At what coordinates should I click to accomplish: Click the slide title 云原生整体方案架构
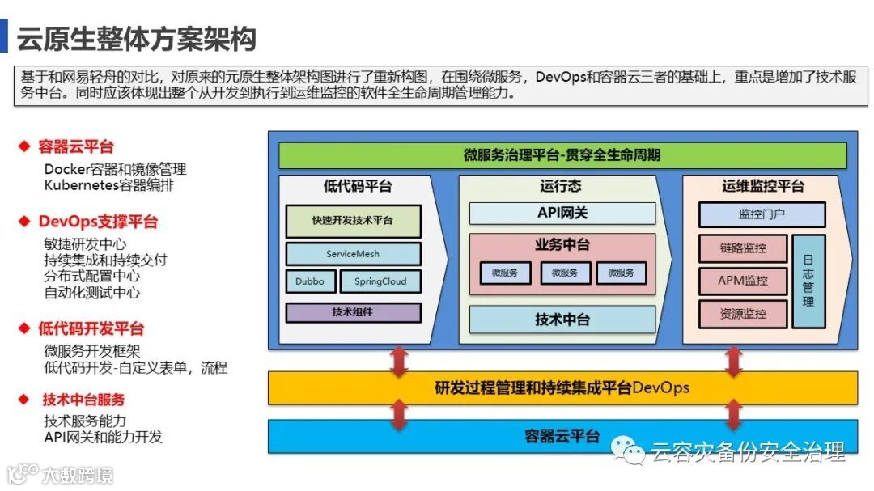(136, 39)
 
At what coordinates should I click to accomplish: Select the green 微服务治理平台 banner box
(562, 154)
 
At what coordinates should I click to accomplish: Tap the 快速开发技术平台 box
(352, 220)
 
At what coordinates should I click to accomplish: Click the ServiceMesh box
(352, 254)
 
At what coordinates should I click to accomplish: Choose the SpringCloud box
(380, 281)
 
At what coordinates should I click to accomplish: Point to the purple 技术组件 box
(352, 312)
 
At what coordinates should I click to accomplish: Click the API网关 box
(562, 213)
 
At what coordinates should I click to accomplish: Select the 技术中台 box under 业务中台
(562, 320)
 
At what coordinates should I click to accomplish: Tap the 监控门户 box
(762, 214)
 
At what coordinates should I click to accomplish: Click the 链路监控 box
(742, 248)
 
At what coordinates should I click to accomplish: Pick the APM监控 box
(742, 281)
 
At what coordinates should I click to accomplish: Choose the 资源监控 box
(742, 314)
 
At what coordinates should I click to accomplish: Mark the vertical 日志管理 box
(808, 281)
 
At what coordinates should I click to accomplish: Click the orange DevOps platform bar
(562, 387)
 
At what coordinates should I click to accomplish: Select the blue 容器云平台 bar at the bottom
(562, 437)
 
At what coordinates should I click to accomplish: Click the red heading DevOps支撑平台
(98, 222)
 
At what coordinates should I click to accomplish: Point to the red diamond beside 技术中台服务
(23, 400)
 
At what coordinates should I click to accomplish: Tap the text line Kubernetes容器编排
(109, 185)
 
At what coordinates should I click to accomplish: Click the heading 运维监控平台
(763, 186)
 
